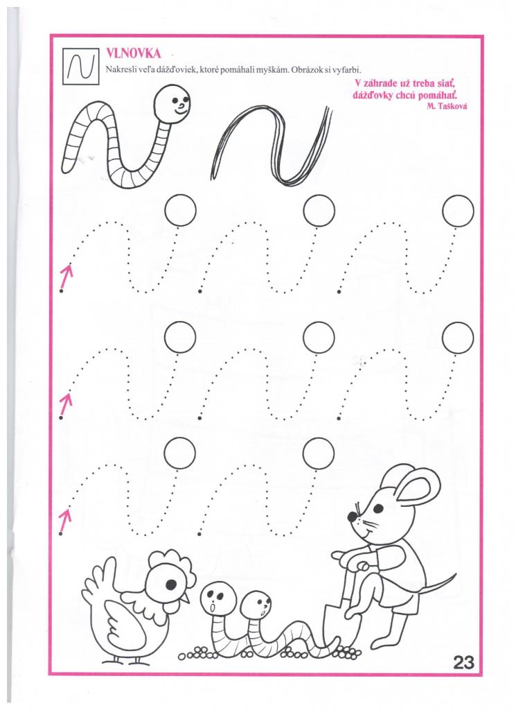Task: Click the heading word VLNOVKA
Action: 133,54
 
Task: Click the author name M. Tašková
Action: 447,105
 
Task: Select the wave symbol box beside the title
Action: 80,66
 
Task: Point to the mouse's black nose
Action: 352,516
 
